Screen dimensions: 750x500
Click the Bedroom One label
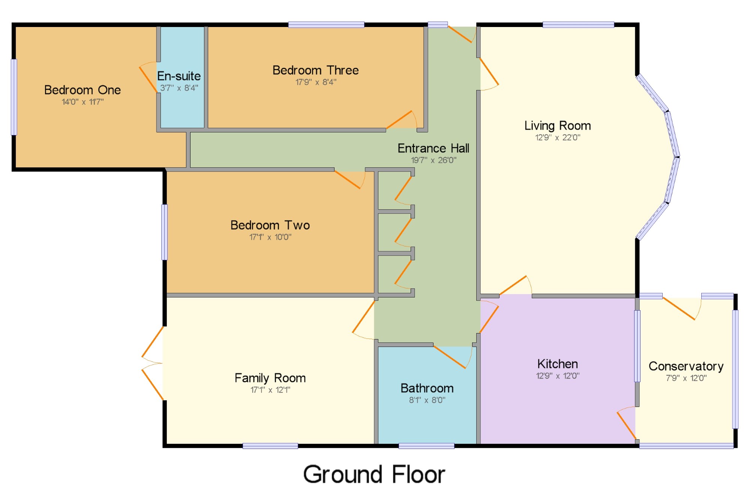pos(82,90)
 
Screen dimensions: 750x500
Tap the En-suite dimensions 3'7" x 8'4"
pos(179,88)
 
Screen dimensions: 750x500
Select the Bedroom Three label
pos(316,70)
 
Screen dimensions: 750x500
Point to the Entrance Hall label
pos(433,148)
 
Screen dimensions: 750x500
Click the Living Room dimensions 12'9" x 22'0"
pos(558,138)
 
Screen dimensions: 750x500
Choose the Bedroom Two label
pos(270,225)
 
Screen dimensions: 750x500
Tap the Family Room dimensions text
pos(270,390)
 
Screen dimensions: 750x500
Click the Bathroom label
pos(427,388)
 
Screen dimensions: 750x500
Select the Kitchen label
pos(558,364)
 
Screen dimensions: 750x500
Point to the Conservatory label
pos(686,366)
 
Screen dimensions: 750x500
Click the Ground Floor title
pos(374,474)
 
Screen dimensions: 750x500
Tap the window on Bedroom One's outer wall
pos(14,97)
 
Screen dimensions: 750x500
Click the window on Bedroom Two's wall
pos(164,232)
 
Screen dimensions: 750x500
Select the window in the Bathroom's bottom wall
pos(426,446)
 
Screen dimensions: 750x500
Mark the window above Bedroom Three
pos(326,25)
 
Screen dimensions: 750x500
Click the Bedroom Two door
pos(349,179)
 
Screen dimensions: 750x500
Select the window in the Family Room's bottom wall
pos(270,446)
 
